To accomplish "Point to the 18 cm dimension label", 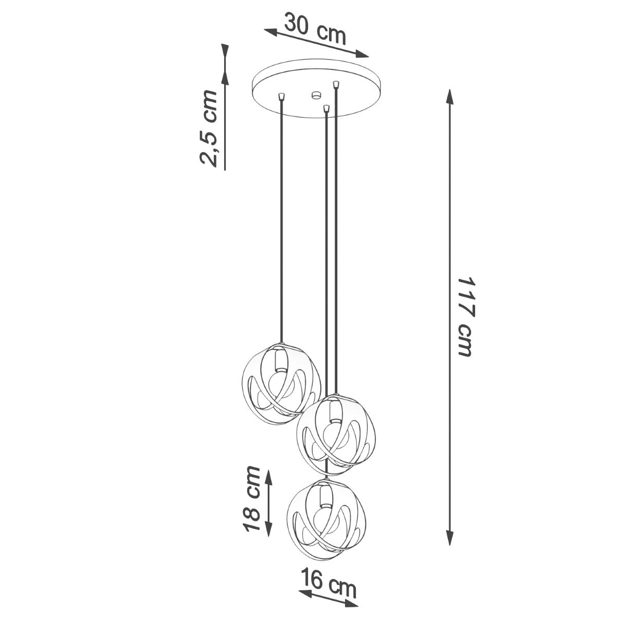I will [251, 499].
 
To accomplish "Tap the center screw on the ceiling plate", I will [315, 95].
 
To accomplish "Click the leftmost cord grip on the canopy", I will [281, 96].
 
